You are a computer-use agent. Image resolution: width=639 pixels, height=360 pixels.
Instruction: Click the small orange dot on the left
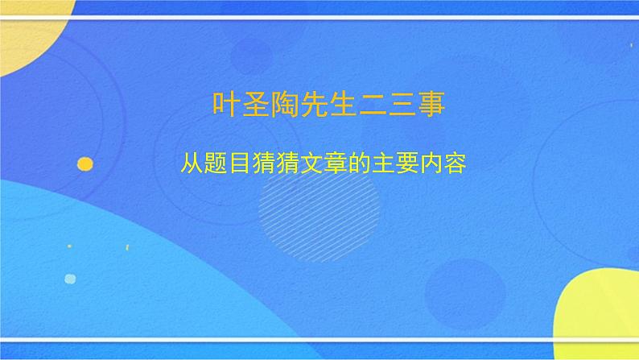click(85, 163)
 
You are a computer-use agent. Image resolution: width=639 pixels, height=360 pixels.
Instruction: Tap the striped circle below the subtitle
click(319, 205)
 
